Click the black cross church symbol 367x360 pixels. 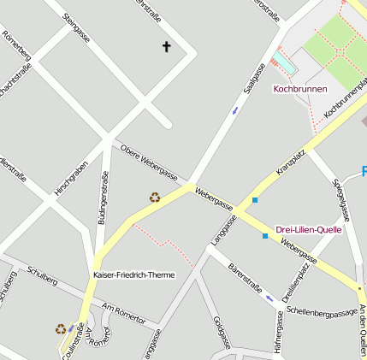coord(166,47)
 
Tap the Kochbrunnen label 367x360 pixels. coord(299,89)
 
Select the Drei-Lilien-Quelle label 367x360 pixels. coord(309,229)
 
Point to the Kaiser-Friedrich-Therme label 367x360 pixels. coord(133,275)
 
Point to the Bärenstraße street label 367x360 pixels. coord(245,275)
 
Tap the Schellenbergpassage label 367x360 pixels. coord(323,312)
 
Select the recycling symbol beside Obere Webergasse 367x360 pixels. coord(155,198)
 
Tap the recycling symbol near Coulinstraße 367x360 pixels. coord(61,328)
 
